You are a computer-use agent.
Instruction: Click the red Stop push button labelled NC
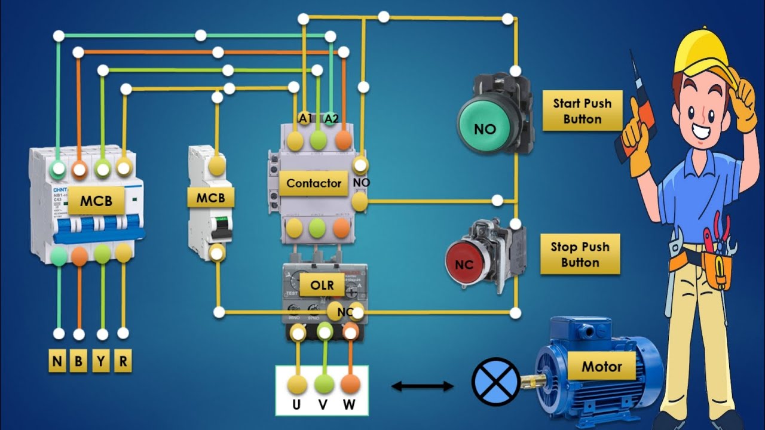pyautogui.click(x=467, y=264)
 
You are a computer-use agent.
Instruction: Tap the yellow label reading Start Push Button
pyautogui.click(x=582, y=111)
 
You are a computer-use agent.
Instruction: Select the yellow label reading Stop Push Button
pyautogui.click(x=579, y=254)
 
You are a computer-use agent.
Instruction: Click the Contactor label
pyautogui.click(x=313, y=183)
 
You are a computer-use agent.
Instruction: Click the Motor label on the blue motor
pyautogui.click(x=601, y=366)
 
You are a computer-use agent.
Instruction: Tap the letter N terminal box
pyautogui.click(x=57, y=361)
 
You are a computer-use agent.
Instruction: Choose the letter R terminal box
pyautogui.click(x=123, y=361)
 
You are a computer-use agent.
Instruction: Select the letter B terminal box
pyautogui.click(x=79, y=361)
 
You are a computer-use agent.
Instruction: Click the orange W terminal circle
pyautogui.click(x=350, y=383)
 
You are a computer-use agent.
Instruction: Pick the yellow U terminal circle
pyautogui.click(x=297, y=383)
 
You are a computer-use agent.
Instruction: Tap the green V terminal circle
pyautogui.click(x=323, y=383)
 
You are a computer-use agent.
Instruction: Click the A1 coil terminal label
pyautogui.click(x=305, y=118)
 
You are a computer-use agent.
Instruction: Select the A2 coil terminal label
pyautogui.click(x=331, y=118)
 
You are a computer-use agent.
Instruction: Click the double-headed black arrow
pyautogui.click(x=423, y=386)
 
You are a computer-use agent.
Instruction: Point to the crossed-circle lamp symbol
pyautogui.click(x=495, y=382)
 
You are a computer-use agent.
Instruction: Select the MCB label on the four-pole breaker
pyautogui.click(x=96, y=201)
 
